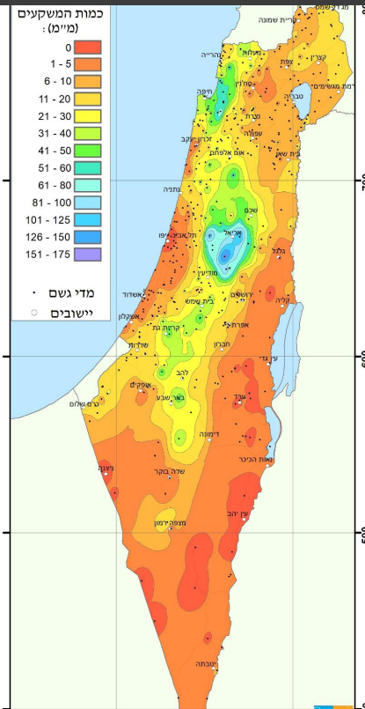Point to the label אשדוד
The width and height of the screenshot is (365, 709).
tap(144, 296)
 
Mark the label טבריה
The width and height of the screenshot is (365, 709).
tap(295, 95)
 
